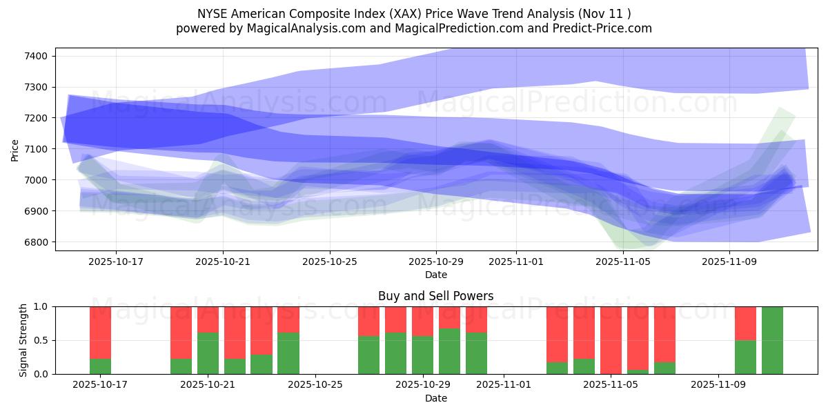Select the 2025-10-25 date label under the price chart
(329, 262)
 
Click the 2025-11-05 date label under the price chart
(623, 262)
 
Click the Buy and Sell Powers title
(435, 296)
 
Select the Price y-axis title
(15, 150)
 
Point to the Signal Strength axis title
(23, 340)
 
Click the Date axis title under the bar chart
(435, 398)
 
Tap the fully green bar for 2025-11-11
(772, 340)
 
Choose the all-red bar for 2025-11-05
(611, 340)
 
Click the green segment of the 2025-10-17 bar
(100, 366)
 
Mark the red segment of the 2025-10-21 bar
(208, 319)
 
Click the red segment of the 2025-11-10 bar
(745, 323)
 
